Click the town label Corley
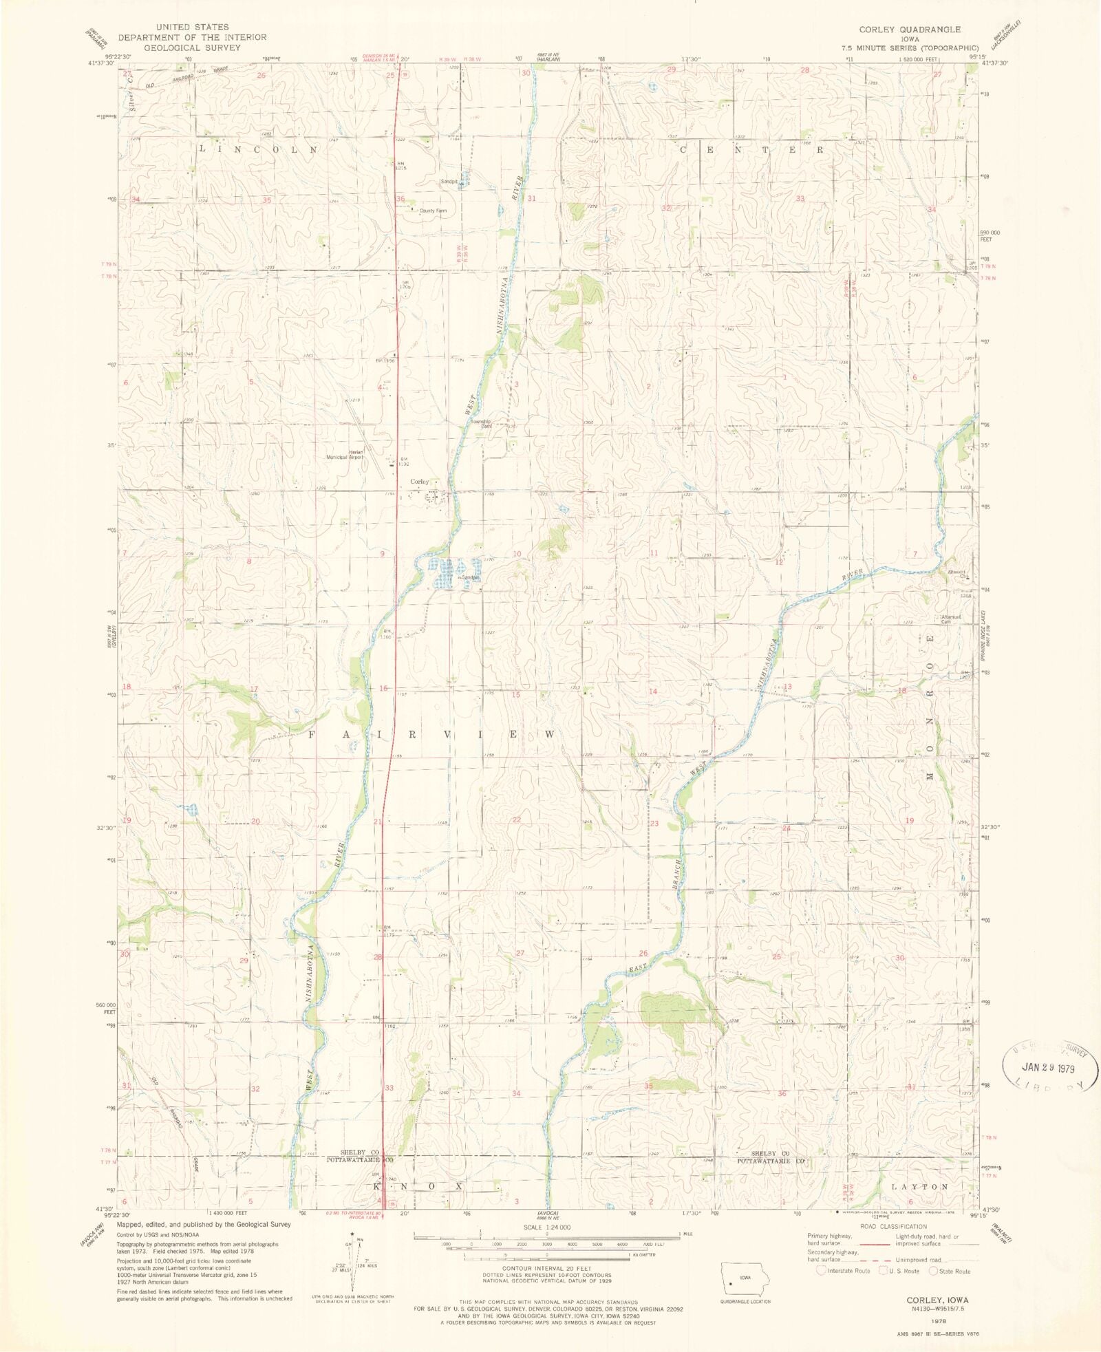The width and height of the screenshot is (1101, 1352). [x=420, y=482]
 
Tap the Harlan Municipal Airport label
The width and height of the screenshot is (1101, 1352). [x=344, y=454]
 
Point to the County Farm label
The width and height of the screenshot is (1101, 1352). [x=433, y=211]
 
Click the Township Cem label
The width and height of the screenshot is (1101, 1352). [x=481, y=424]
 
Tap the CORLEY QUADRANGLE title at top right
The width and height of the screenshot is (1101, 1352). [x=909, y=30]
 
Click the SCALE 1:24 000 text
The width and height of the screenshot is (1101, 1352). [x=546, y=1227]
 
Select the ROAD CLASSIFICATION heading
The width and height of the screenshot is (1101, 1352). [x=893, y=1226]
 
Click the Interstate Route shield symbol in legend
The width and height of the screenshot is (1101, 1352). [x=821, y=1270]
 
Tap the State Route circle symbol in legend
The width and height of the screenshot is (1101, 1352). [x=933, y=1270]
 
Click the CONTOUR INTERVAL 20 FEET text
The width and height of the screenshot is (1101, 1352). [x=546, y=1267]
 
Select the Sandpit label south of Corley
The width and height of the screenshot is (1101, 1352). [x=471, y=578]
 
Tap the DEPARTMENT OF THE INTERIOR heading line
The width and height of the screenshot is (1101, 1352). [x=192, y=37]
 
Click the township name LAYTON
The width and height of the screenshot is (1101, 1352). [x=919, y=1187]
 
